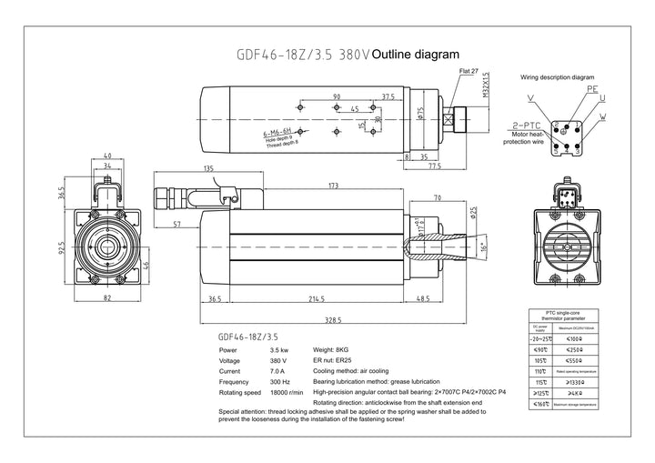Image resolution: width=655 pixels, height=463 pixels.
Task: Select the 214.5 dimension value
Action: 316,298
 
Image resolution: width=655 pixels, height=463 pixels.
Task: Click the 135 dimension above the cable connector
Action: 208,168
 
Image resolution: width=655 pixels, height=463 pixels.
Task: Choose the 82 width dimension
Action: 106,297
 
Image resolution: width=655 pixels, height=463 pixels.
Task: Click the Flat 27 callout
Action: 469,70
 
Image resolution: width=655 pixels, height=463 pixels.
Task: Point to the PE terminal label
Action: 592,91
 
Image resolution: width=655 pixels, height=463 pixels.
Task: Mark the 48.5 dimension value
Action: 423,298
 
